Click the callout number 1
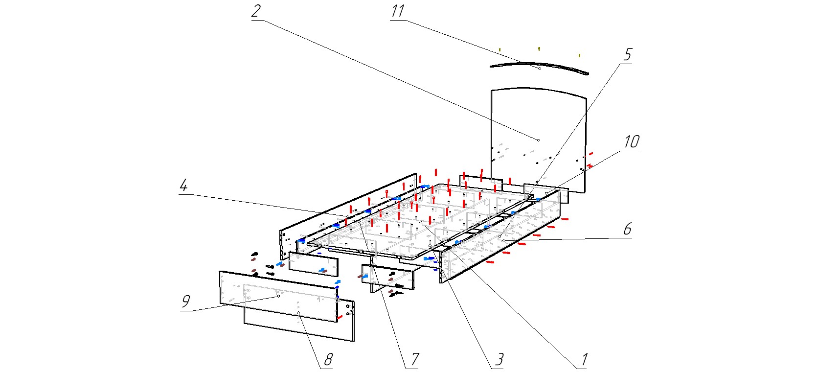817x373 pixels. (583, 360)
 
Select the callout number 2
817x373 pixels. (256, 11)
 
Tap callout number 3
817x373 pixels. (499, 360)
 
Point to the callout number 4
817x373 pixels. (183, 186)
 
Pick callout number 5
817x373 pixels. (628, 54)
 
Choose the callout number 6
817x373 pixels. (627, 229)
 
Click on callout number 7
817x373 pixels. (414, 360)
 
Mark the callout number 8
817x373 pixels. (328, 360)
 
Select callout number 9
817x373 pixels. (185, 302)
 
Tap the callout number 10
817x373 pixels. (631, 142)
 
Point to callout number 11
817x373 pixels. (397, 11)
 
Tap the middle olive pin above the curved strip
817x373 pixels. (539, 48)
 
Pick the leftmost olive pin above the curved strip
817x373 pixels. (499, 49)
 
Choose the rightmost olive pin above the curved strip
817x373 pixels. (579, 55)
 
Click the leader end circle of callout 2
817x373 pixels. (539, 140)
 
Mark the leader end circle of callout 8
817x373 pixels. (298, 313)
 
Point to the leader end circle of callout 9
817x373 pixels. (278, 296)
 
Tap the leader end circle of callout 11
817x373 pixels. (539, 68)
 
